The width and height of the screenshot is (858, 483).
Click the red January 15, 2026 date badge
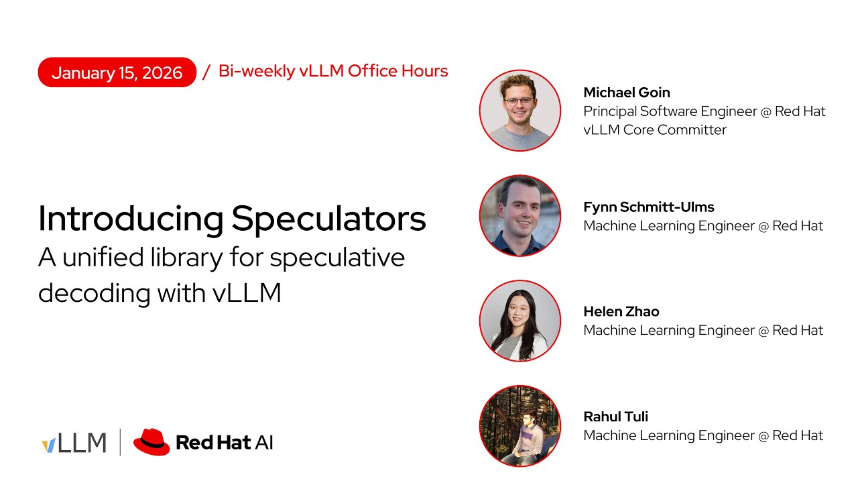pyautogui.click(x=117, y=72)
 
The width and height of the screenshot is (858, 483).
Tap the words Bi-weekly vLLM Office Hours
pyautogui.click(x=333, y=71)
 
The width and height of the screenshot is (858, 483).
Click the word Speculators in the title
pyautogui.click(x=329, y=218)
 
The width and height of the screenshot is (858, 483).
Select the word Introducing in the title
pyautogui.click(x=131, y=218)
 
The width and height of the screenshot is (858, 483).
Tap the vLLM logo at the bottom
pyautogui.click(x=74, y=443)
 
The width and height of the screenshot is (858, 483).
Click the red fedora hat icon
pyautogui.click(x=151, y=442)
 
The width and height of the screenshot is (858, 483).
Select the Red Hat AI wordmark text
pyautogui.click(x=224, y=443)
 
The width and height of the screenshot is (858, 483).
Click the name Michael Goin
pyautogui.click(x=627, y=93)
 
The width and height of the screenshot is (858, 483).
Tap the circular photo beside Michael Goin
pyautogui.click(x=519, y=110)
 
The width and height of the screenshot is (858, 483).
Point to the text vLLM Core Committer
pyautogui.click(x=655, y=130)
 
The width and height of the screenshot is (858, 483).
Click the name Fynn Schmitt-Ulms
pyautogui.click(x=649, y=207)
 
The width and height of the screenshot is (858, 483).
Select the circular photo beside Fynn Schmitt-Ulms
pyautogui.click(x=519, y=215)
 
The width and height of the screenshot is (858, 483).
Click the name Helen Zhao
pyautogui.click(x=621, y=311)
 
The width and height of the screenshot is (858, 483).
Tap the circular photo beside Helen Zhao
pyautogui.click(x=519, y=321)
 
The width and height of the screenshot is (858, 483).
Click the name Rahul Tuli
pyautogui.click(x=616, y=417)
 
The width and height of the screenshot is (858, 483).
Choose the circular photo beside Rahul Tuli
pyautogui.click(x=519, y=426)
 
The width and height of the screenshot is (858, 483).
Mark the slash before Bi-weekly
pyautogui.click(x=206, y=72)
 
